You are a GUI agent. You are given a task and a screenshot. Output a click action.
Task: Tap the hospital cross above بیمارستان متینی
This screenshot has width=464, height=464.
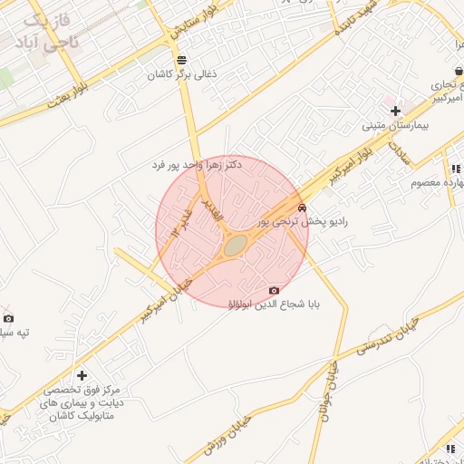pyautogui.click(x=395, y=111)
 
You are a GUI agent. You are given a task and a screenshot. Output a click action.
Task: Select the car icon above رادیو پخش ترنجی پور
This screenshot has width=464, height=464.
pyautogui.click(x=302, y=208)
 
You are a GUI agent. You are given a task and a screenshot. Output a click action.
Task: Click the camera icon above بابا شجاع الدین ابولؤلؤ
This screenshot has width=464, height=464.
pyautogui.click(x=274, y=290)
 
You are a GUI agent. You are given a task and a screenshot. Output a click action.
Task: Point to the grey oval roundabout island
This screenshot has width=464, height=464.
pyautogui.click(x=235, y=245)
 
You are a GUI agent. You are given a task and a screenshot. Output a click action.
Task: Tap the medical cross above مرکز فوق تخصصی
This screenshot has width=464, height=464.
pyautogui.click(x=82, y=374)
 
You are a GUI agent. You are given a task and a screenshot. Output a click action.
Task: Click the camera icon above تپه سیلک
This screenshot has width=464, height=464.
pyautogui.click(x=8, y=318)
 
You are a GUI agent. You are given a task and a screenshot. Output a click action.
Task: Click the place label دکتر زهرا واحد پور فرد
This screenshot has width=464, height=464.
pyautogui.click(x=197, y=166)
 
